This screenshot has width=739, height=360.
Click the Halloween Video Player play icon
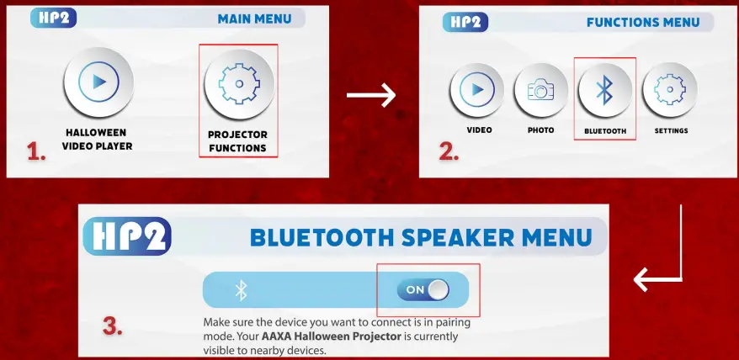pyautogui.click(x=99, y=82)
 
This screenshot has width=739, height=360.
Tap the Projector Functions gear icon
pyautogui.click(x=239, y=84)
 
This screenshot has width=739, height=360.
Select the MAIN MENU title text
pyautogui.click(x=254, y=19)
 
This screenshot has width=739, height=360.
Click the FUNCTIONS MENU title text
pyautogui.click(x=643, y=22)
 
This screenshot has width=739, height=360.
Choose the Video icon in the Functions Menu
pyautogui.click(x=477, y=89)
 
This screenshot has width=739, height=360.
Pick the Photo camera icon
pyautogui.click(x=541, y=89)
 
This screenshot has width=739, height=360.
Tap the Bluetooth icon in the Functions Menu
pyautogui.click(x=605, y=90)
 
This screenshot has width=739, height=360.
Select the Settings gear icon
pyautogui.click(x=670, y=89)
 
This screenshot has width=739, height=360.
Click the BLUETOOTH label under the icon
pyautogui.click(x=605, y=131)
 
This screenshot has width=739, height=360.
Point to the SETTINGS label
pyautogui.click(x=671, y=130)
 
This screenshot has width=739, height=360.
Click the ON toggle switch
pyautogui.click(x=423, y=290)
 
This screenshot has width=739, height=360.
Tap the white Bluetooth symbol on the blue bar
pyautogui.click(x=242, y=290)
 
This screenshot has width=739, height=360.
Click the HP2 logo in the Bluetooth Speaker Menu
pyautogui.click(x=127, y=236)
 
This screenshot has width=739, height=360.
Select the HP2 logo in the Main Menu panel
pyautogui.click(x=53, y=18)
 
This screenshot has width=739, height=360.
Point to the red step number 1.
pyautogui.click(x=36, y=151)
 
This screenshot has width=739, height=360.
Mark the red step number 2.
pyautogui.click(x=449, y=151)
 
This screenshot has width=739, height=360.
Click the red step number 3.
pyautogui.click(x=113, y=326)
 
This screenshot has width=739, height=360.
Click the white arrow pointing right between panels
pyautogui.click(x=371, y=95)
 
